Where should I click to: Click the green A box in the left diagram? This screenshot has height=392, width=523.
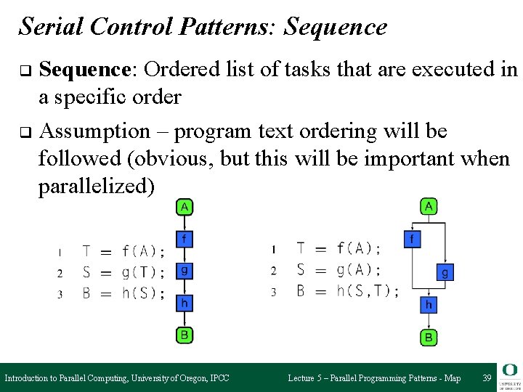pos(185,207)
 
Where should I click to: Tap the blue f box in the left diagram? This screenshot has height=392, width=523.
pos(185,238)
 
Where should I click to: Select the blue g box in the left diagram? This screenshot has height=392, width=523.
pos(185,271)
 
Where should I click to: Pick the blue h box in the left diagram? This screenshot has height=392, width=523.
pos(185,303)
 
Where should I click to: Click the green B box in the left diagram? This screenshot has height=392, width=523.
pos(185,335)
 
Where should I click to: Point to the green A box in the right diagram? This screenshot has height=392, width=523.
pos(429,207)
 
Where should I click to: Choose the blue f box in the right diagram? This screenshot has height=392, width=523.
pos(412,238)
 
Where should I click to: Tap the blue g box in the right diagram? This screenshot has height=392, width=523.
pos(445,273)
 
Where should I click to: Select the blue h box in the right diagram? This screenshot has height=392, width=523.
pos(429,305)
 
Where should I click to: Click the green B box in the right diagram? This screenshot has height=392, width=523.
pos(429,337)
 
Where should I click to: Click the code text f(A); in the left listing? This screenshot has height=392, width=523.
pos(144,252)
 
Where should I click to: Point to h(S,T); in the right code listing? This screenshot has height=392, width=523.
pos(368,291)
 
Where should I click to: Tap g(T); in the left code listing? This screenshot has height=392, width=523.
pos(144,273)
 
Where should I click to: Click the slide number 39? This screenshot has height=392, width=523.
pos(487,378)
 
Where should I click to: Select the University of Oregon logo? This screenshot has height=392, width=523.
pos(509,377)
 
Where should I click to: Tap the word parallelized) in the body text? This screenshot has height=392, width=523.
pos(97,187)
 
